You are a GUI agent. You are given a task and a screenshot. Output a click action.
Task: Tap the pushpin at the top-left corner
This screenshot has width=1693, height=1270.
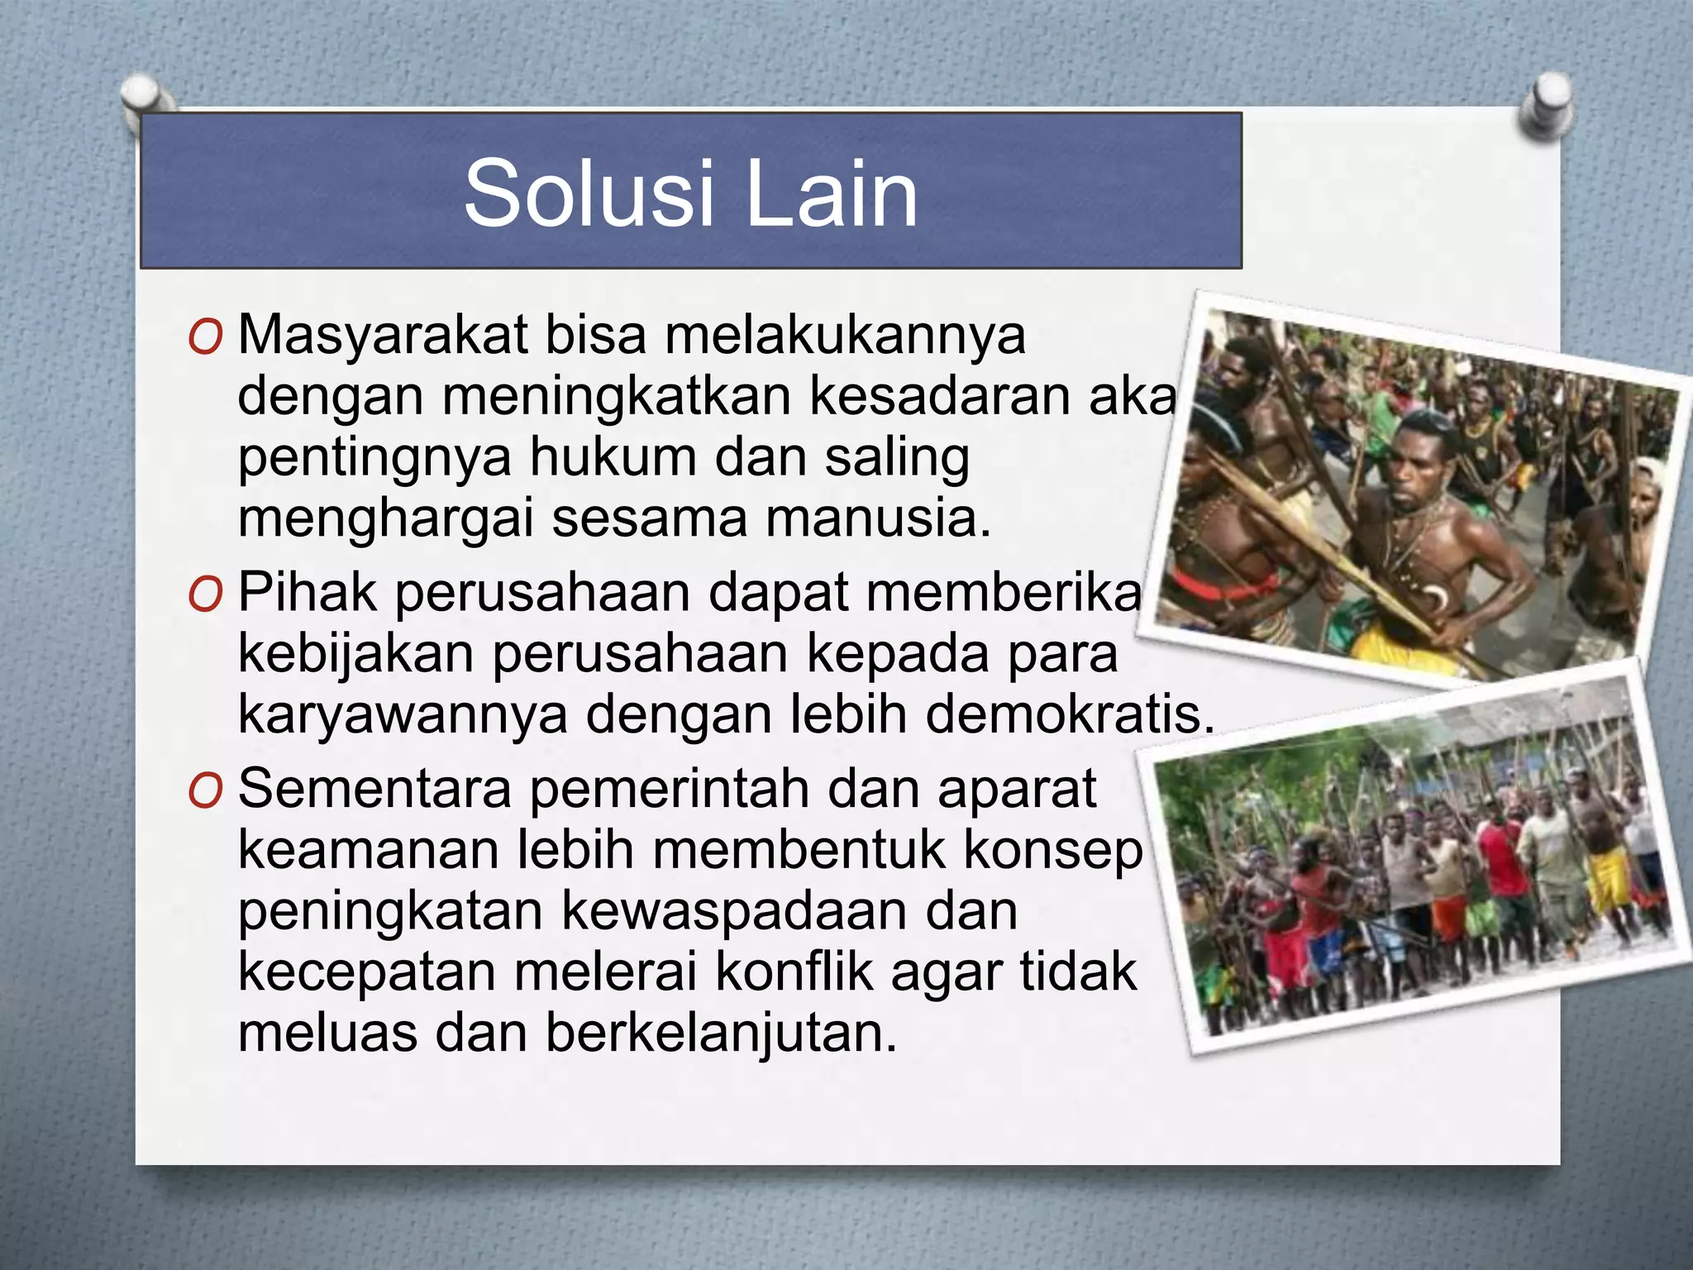coord(147,100)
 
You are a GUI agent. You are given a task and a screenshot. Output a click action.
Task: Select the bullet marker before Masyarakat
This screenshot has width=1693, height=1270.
coord(205,338)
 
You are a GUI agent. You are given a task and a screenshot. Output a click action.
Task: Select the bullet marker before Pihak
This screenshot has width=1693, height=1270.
coord(205,595)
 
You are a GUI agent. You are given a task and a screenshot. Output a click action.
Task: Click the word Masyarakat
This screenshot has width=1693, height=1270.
coord(383,337)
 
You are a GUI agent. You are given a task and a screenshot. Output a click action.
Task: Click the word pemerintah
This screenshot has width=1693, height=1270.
coord(670,790)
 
